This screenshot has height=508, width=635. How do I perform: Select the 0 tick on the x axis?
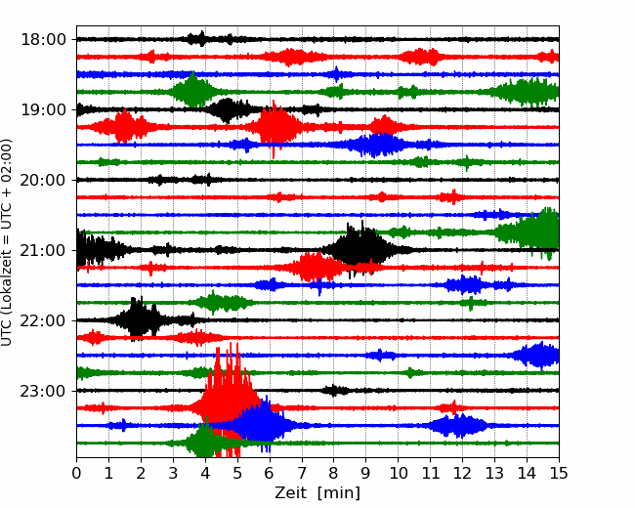[76, 473]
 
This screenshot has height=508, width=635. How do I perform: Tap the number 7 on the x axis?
[302, 473]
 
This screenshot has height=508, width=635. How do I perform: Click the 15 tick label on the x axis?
[559, 473]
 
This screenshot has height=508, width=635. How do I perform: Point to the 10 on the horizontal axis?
[398, 473]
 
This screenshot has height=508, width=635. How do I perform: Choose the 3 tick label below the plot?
[173, 473]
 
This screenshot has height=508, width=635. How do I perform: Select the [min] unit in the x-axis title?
[339, 493]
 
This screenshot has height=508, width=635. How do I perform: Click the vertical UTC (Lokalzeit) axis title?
[7, 242]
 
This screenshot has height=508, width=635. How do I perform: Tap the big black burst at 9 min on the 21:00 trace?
[361, 249]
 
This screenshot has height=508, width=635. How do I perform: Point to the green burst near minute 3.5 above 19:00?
[193, 91]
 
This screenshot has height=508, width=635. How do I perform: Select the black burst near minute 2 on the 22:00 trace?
[139, 319]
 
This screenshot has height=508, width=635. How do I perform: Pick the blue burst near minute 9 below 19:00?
[377, 145]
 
